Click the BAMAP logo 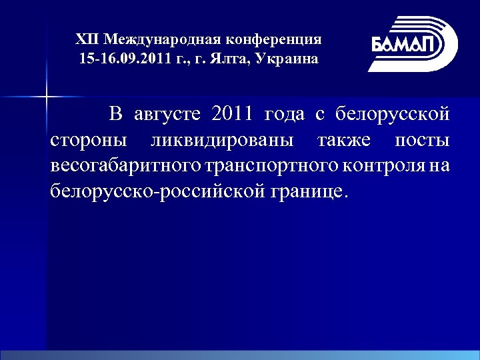pos(413,43)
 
